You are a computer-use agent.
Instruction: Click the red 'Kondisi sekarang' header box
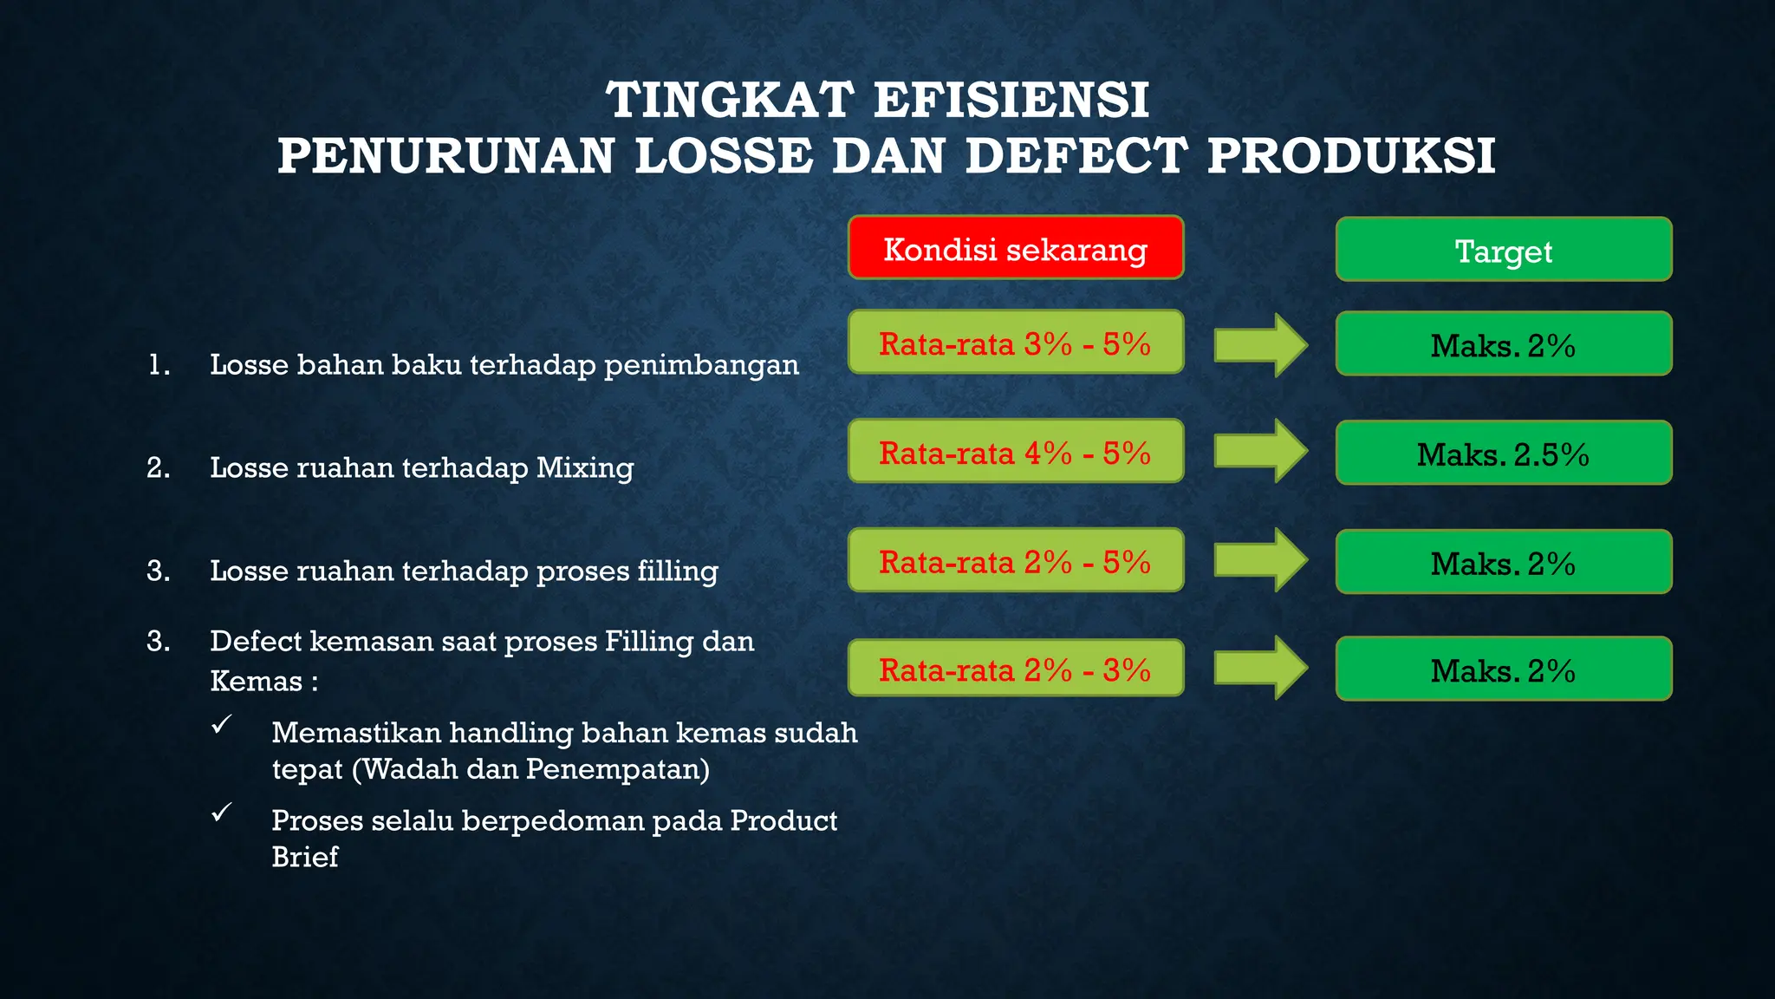[x=1016, y=248]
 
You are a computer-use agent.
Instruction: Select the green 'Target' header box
[x=1504, y=250]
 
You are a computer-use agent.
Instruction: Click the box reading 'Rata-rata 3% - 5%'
[x=1016, y=343]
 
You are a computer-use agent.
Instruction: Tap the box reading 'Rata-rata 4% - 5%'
[x=1016, y=452]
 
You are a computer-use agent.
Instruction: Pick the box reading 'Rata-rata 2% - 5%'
[x=1016, y=561]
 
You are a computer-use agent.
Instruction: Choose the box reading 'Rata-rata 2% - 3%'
[x=1016, y=669]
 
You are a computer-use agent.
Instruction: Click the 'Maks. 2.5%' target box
[x=1504, y=453]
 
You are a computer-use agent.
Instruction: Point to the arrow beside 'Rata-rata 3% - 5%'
[x=1260, y=345]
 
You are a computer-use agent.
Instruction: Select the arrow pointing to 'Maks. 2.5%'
[x=1260, y=451]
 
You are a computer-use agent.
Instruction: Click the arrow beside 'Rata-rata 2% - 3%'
[x=1260, y=668]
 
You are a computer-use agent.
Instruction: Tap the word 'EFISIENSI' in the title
[x=1011, y=100]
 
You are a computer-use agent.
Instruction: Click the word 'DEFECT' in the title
[x=1075, y=157]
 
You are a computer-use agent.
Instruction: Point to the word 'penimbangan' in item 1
[x=701, y=365]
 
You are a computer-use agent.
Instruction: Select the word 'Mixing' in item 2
[x=585, y=468]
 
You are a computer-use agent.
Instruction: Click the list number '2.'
[x=159, y=468]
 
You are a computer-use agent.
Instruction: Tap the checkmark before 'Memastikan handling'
[x=222, y=724]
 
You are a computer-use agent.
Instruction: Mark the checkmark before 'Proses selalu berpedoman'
[x=222, y=812]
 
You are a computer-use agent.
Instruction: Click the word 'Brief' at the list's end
[x=304, y=857]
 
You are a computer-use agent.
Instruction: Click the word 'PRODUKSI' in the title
[x=1351, y=157]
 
